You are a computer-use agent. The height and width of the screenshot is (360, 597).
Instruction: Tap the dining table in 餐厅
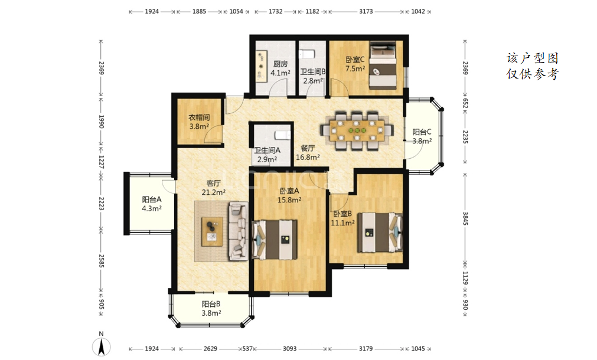point(357,130)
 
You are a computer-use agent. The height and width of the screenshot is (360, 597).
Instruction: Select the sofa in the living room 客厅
point(238,231)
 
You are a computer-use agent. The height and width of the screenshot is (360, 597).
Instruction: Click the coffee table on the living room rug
point(213,231)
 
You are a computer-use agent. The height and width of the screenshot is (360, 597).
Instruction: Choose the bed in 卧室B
point(380,232)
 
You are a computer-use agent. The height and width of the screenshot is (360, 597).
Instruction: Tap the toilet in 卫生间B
point(307,55)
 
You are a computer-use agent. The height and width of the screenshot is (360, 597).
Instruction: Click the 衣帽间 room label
point(199,117)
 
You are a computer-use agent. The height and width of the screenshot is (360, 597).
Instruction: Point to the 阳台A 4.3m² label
point(152,204)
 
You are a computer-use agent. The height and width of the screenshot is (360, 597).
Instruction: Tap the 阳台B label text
point(211,304)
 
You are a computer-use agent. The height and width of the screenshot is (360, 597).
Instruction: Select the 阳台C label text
point(422,132)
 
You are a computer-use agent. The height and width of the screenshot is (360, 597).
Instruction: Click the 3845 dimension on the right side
point(465,218)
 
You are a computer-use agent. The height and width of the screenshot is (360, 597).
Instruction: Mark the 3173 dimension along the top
point(366,11)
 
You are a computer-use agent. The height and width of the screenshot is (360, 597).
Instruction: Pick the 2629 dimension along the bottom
point(210,349)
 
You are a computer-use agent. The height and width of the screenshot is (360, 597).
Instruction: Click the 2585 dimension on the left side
point(102,261)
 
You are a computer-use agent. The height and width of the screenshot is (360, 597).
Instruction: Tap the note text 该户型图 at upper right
point(532,58)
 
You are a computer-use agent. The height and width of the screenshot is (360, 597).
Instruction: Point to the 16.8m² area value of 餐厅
point(308,157)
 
